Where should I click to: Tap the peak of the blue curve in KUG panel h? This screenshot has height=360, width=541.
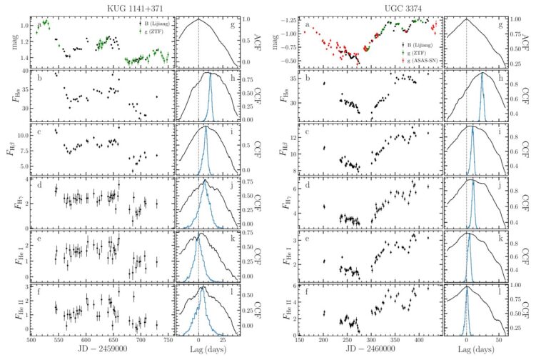click(210, 75)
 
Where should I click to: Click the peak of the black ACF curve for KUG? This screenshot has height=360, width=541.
click(199, 19)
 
